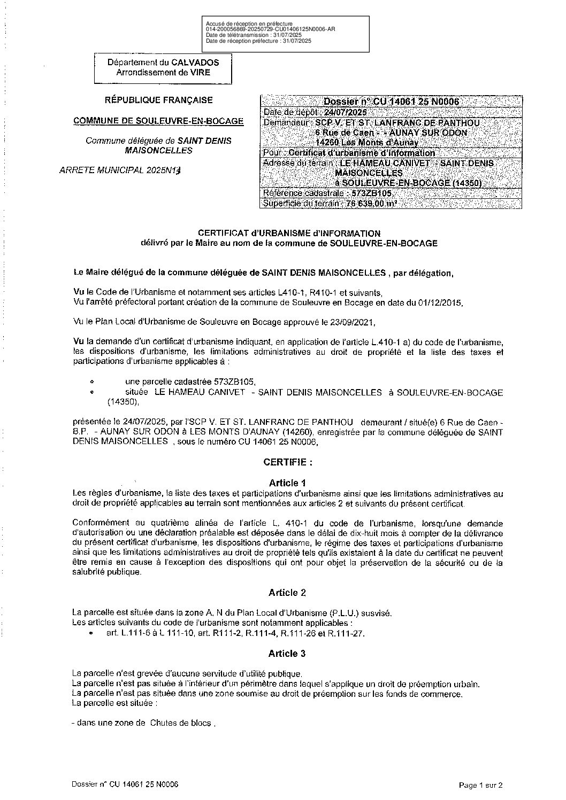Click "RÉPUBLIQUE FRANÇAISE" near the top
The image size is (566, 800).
pos(158,100)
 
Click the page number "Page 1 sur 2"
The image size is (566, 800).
pos(481,785)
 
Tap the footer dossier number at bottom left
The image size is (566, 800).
pos(125,784)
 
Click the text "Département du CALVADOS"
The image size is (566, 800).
pos(163,62)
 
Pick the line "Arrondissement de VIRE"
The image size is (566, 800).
pos(163,72)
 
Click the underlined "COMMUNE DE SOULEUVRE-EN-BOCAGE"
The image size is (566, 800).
pos(158,121)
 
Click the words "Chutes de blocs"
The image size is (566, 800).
pos(182,724)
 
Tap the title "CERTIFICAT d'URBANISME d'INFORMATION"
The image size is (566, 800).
pos(289,233)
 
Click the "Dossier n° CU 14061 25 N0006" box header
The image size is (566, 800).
pos(391,102)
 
